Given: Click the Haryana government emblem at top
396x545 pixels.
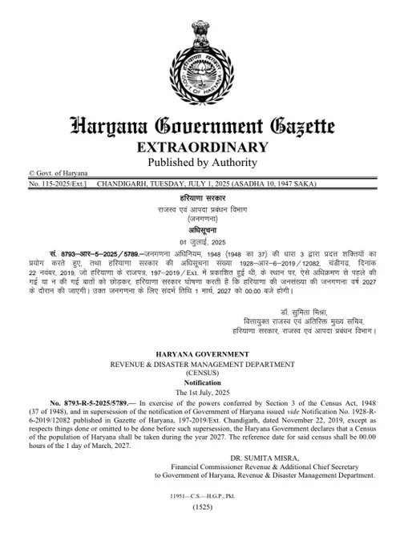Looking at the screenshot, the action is click(x=198, y=54).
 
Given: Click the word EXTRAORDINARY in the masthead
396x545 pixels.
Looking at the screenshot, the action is click(x=197, y=147).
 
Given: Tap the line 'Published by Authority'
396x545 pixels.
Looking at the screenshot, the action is click(x=197, y=162).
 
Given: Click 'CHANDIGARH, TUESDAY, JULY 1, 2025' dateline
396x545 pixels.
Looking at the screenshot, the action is click(x=163, y=184).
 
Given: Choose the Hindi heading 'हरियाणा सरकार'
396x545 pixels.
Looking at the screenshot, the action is click(x=197, y=196).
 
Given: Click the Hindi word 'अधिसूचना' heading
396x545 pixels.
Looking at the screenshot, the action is click(x=197, y=229).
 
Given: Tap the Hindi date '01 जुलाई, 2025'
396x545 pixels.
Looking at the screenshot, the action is click(x=197, y=241).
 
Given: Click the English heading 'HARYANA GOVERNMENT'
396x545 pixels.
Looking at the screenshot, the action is click(x=197, y=353).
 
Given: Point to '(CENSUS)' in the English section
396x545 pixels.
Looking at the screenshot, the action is click(x=197, y=373).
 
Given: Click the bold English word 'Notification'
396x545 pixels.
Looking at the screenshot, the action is click(x=197, y=384).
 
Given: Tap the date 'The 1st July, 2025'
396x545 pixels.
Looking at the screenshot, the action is click(x=197, y=394).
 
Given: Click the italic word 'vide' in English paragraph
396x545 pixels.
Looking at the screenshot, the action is click(x=261, y=415).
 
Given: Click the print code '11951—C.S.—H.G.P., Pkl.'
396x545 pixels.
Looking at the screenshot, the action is click(x=197, y=497).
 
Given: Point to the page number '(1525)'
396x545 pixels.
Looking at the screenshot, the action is click(x=197, y=508).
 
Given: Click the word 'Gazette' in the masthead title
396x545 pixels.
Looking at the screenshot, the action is click(x=293, y=125).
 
